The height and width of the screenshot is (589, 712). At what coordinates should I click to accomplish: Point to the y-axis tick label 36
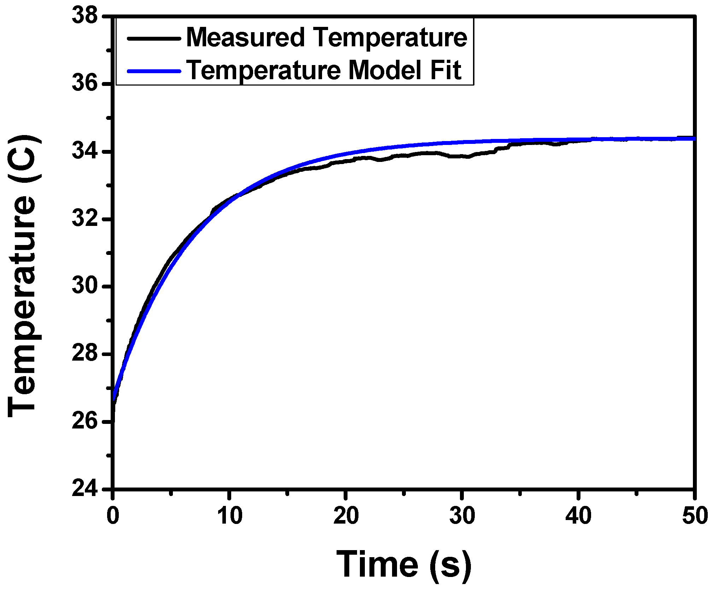tap(85, 84)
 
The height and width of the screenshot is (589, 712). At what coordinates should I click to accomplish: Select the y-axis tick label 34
tap(85, 151)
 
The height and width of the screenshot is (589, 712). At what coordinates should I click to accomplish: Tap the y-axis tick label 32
tap(85, 219)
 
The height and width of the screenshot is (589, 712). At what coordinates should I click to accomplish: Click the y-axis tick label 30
tap(85, 286)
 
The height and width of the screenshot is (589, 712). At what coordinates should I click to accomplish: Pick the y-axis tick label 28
tap(85, 354)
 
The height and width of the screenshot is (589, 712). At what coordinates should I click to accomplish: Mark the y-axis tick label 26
tap(85, 421)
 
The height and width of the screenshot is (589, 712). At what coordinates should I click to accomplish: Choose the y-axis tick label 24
tap(85, 489)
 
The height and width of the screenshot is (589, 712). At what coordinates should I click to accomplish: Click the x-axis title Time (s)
tap(404, 565)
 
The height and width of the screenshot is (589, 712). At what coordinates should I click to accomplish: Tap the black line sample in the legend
tap(154, 38)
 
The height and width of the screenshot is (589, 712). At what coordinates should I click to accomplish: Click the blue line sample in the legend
tap(154, 71)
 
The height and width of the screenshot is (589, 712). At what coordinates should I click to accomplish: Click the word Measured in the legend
tap(245, 37)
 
